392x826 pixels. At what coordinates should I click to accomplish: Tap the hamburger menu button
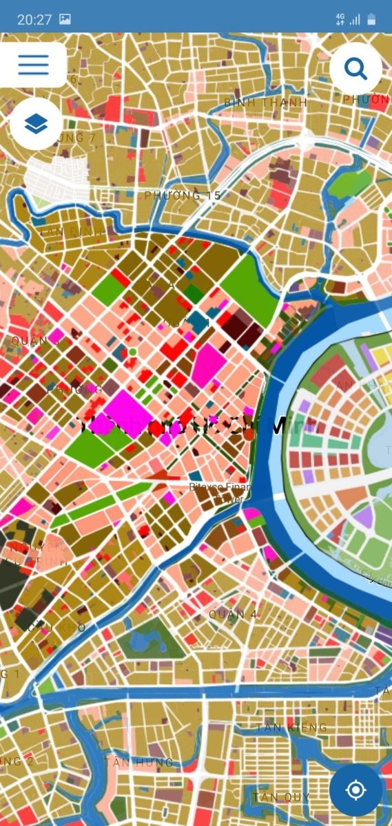(33, 65)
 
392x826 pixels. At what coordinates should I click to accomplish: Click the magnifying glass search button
(355, 68)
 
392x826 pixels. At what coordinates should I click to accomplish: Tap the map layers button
(36, 124)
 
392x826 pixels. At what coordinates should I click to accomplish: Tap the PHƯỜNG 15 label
(183, 195)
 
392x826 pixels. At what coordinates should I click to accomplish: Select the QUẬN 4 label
(233, 614)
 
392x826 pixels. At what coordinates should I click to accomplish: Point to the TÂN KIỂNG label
(291, 728)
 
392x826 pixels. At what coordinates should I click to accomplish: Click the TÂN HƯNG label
(138, 762)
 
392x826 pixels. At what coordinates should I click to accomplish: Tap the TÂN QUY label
(281, 797)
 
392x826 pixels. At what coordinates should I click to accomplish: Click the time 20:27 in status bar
(34, 19)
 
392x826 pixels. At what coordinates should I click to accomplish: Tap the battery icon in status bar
(372, 19)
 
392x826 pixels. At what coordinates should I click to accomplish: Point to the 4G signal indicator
(340, 19)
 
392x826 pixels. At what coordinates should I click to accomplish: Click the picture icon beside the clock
(65, 19)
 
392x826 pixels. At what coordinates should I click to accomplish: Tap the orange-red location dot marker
(249, 434)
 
